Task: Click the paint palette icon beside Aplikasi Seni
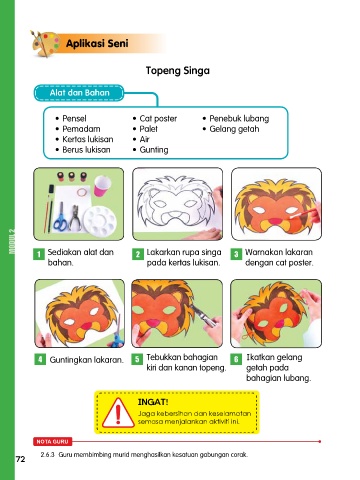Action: tap(45, 43)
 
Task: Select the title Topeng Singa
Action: tap(178, 71)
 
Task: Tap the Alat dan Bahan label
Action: tap(79, 93)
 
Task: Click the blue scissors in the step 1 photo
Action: tap(60, 217)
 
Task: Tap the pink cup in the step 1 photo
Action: tap(102, 186)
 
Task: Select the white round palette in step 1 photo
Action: tap(100, 221)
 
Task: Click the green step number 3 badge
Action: tap(236, 254)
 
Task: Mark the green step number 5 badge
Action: tap(137, 359)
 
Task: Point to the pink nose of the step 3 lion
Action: tap(275, 220)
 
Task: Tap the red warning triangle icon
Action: tap(118, 413)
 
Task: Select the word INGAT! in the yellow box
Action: tap(153, 402)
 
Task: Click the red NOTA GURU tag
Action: tap(52, 442)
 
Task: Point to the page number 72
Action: tap(20, 459)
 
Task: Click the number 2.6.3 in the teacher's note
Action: tap(47, 455)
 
